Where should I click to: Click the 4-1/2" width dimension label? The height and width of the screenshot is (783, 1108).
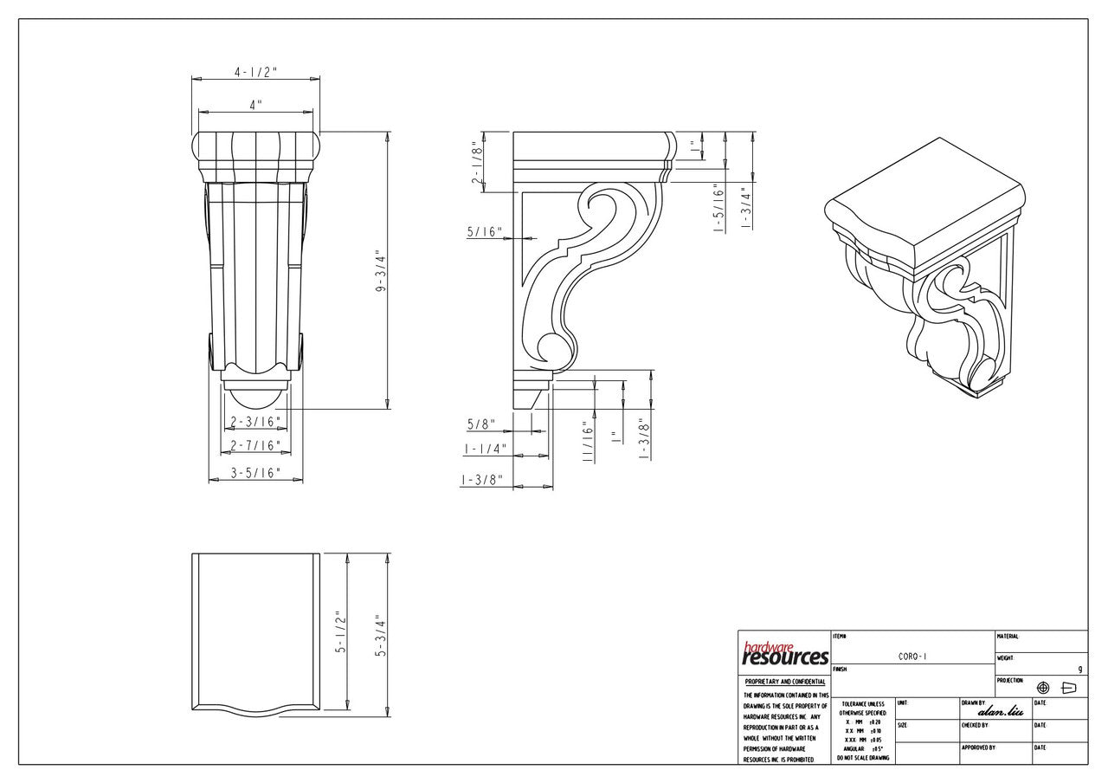click(x=255, y=73)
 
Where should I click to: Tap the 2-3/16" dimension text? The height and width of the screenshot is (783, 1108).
click(x=255, y=422)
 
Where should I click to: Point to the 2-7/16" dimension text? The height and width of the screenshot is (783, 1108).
click(x=255, y=445)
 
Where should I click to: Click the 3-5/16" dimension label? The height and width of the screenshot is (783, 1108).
click(x=255, y=473)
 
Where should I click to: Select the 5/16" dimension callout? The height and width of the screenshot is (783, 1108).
click(x=485, y=231)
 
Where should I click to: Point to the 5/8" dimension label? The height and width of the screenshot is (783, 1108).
click(x=481, y=424)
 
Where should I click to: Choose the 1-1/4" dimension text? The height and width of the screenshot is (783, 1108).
click(x=485, y=450)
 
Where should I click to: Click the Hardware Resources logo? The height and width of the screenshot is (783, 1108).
click(x=784, y=654)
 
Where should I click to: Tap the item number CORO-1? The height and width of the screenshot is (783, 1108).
click(x=912, y=657)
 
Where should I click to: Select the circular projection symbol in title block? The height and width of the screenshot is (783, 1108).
click(x=1043, y=688)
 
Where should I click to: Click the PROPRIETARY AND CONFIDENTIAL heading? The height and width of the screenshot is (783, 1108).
click(x=784, y=682)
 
